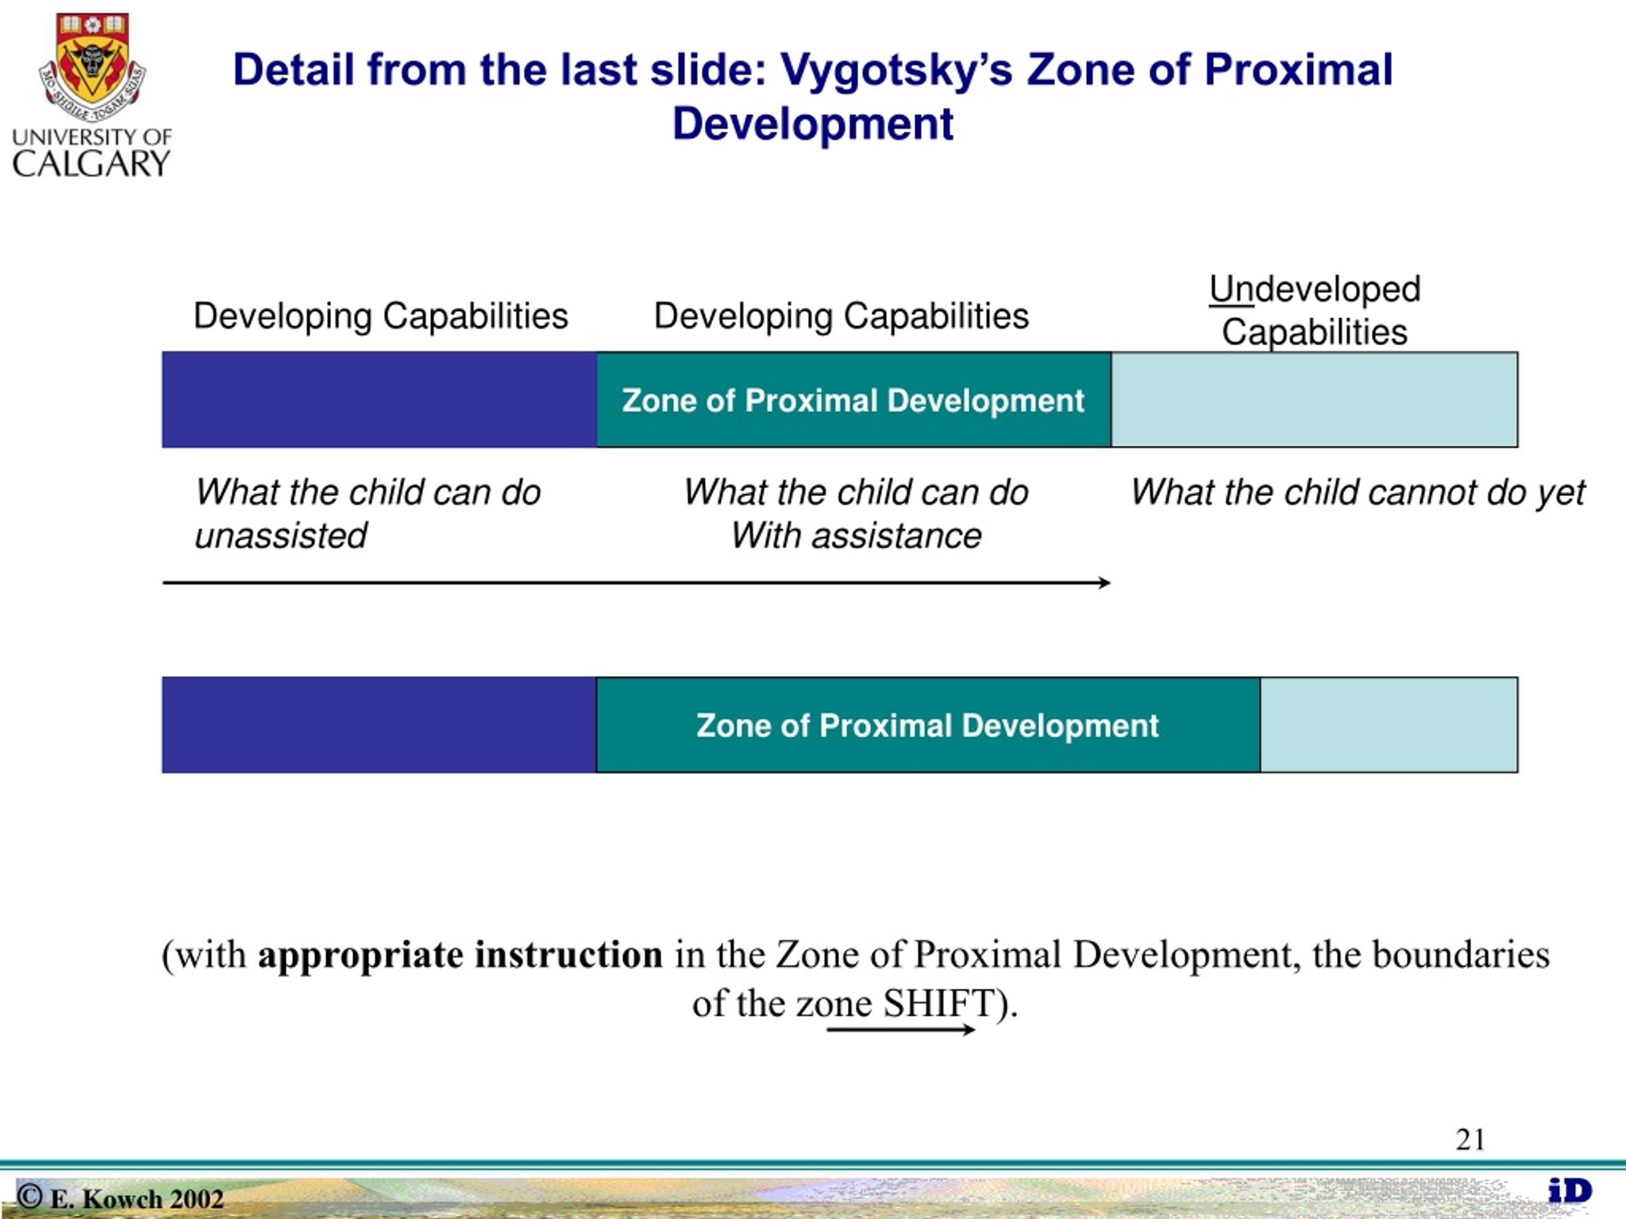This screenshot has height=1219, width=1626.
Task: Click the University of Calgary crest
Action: [93, 66]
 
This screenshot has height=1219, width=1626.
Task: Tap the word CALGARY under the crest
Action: [91, 163]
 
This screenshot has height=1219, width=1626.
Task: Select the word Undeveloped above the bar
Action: [1314, 289]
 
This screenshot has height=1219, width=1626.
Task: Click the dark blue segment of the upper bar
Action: [379, 400]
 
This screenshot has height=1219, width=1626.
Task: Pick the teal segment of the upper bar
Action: [854, 400]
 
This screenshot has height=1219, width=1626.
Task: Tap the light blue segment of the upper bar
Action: [1314, 400]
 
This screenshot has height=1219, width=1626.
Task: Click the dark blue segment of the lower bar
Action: [379, 724]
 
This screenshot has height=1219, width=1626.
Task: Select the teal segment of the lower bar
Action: [929, 724]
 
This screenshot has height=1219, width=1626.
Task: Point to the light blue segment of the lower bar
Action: [1389, 724]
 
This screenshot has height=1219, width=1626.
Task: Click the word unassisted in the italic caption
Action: [281, 535]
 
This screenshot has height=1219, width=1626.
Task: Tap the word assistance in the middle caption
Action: [896, 535]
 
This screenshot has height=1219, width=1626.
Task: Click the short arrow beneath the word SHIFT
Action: [901, 1029]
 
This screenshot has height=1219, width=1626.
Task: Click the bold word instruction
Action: [568, 954]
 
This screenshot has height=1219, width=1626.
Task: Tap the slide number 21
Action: [1470, 1140]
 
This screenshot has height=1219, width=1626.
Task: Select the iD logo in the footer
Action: [1570, 1191]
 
